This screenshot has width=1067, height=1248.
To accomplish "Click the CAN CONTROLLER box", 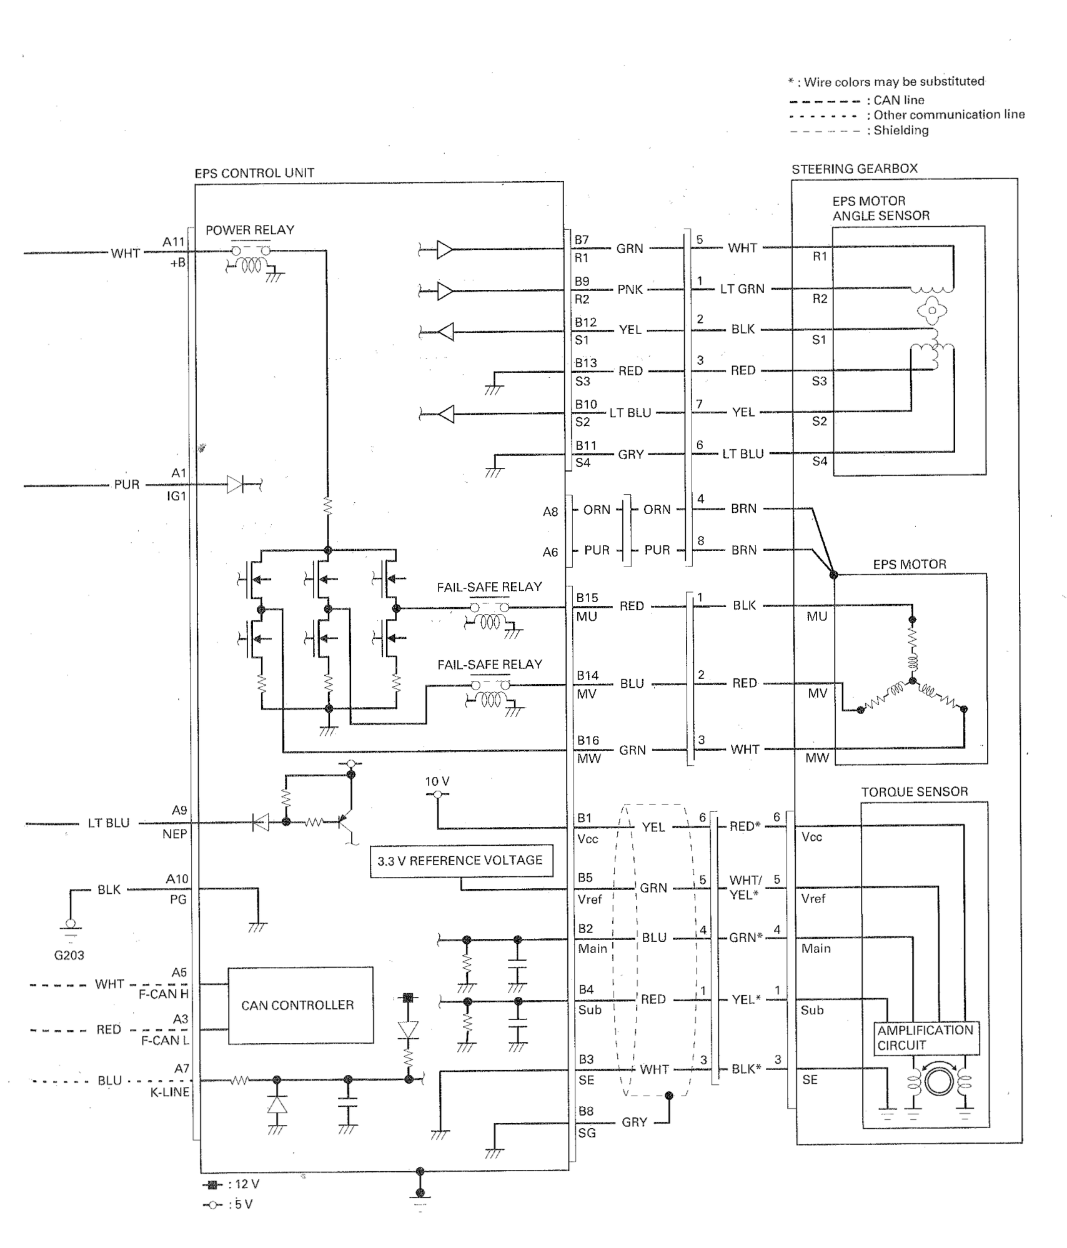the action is coord(300,1005).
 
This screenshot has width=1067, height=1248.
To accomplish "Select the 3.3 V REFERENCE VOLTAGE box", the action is coord(461,861).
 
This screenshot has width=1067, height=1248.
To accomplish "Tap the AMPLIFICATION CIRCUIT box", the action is coord(926,1038).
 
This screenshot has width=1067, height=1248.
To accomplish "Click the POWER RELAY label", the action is coord(250,230).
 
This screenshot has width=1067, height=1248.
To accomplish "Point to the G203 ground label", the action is coord(69,955).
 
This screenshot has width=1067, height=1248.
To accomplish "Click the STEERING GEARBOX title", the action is coord(855,169).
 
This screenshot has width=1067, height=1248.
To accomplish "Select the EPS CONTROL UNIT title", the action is coord(254,173).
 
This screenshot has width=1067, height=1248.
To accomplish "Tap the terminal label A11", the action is coord(174,242).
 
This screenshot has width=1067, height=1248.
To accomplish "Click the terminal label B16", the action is coord(588,740).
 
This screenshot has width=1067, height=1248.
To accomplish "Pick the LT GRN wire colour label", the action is coord(742,289).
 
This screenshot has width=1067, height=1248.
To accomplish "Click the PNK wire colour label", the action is coord(630,289).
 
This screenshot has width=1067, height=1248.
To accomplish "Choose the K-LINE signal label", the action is coord(169,1092).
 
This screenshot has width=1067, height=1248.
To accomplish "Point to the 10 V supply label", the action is coord(437,781).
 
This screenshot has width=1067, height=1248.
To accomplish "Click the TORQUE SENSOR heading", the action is coord(915,792).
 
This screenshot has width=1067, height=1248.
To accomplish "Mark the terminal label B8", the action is coord(585,1111).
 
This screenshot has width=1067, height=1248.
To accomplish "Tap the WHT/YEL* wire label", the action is coord(745,888).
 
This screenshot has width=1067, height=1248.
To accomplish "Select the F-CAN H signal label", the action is coord(164,994).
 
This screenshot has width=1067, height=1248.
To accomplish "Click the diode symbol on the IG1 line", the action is coord(236,483).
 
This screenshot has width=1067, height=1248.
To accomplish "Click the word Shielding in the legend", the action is coord(901,131).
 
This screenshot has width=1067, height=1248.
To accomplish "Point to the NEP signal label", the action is coord(175,834).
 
